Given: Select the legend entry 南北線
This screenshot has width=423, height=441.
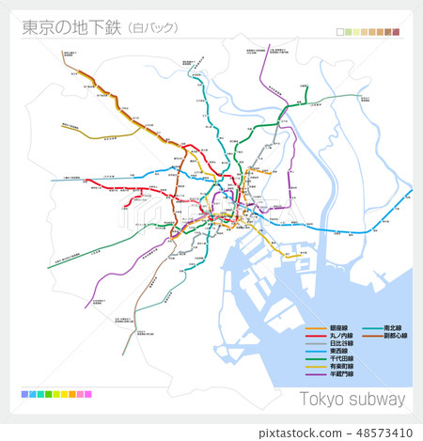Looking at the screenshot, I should [x=395, y=328].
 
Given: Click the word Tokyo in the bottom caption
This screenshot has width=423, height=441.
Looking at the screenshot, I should [x=323, y=399].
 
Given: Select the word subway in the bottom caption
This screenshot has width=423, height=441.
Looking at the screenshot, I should [x=379, y=399].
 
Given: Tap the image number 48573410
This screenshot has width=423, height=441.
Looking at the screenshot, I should [x=385, y=433].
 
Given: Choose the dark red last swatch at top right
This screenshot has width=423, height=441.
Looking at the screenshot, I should [x=397, y=33].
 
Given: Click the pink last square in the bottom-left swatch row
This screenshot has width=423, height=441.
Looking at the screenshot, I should [x=88, y=394].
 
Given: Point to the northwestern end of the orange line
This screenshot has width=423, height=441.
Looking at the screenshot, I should [x=70, y=66].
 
